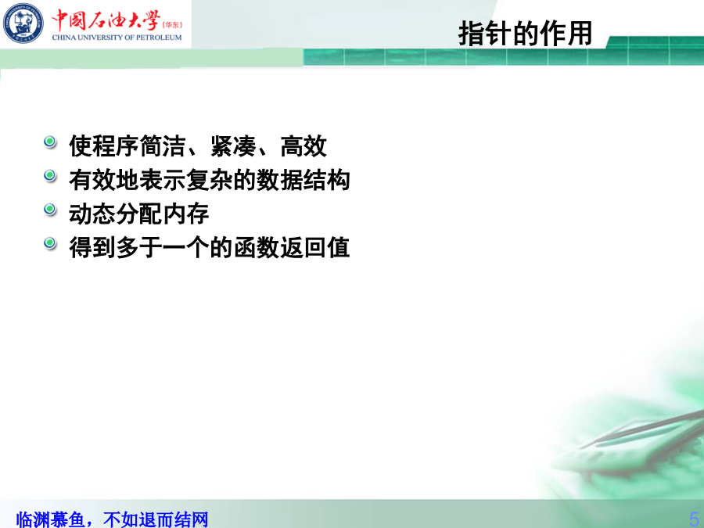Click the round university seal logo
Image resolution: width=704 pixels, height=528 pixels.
[23, 23]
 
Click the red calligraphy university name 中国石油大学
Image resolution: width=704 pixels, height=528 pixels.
[106, 20]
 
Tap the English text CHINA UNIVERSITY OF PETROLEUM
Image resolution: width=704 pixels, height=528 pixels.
[117, 38]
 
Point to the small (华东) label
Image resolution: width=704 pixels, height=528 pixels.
[172, 25]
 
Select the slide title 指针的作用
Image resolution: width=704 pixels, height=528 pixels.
[526, 33]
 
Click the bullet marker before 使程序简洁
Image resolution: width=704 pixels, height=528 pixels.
[50, 142]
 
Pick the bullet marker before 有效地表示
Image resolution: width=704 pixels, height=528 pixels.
[50, 175]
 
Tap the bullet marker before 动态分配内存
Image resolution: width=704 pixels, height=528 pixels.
[50, 210]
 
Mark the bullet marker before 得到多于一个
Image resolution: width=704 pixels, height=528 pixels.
[50, 243]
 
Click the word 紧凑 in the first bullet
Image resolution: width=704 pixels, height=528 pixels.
[233, 146]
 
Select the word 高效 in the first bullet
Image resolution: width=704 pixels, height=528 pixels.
[304, 146]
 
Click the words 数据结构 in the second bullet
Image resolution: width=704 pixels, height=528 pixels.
[303, 180]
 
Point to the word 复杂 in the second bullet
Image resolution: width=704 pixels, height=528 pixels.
[210, 180]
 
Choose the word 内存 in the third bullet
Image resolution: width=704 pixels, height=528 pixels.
[186, 214]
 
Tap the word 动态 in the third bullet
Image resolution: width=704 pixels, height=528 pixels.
[92, 214]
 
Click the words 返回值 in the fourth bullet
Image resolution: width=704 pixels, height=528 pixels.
[315, 247]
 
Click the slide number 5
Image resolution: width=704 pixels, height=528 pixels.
[695, 519]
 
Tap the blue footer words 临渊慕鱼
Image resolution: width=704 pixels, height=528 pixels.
[50, 519]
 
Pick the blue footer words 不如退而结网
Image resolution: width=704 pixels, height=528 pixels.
[156, 519]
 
